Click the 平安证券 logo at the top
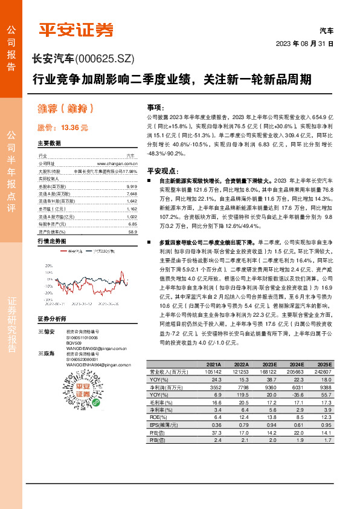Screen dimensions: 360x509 pos(76,29)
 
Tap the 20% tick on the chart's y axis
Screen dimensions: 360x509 pos(48,265)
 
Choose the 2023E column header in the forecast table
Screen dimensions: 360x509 pos(269,365)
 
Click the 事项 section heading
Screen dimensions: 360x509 pos(155,106)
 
